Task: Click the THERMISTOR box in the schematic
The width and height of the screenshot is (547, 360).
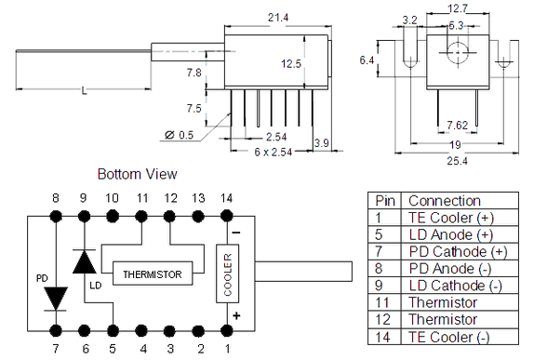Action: pos(153,273)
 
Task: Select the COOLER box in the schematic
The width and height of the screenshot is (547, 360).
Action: pos(227,273)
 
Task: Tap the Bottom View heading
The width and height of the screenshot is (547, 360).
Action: pos(137,174)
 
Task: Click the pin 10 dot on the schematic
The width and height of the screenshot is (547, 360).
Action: pos(112,216)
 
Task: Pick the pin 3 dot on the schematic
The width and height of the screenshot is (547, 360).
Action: pos(169,330)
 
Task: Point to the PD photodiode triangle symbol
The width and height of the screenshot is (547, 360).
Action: pos(56,299)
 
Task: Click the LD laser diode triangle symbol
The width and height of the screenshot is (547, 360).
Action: pos(84,261)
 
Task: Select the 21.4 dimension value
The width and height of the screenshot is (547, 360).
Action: pos(278,17)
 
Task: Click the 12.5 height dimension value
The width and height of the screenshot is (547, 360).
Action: pos(291,63)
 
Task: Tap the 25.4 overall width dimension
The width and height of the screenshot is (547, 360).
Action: pos(457,161)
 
